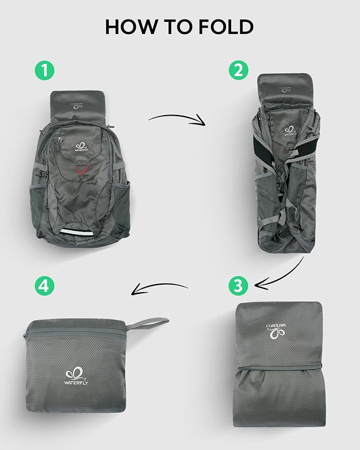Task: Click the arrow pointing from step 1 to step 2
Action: tap(177, 119)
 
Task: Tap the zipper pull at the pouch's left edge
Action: tap(27, 336)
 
